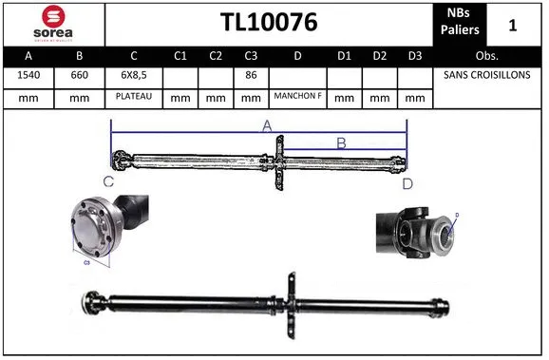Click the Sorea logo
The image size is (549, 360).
[x=53, y=23]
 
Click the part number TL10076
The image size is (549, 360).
[x=269, y=23]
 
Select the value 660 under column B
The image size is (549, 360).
[x=80, y=75]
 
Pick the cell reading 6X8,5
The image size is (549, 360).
[x=134, y=75]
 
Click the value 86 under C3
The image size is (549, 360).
[x=251, y=75]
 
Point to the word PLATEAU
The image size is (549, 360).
[x=134, y=96]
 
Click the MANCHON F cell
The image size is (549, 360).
[x=297, y=96]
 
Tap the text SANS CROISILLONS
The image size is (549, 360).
[x=487, y=75]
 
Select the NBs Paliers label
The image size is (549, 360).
[x=460, y=23]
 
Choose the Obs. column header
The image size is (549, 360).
[x=487, y=56]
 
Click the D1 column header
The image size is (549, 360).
[x=344, y=56]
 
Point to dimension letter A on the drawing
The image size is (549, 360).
[x=267, y=126]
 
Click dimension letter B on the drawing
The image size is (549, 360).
[x=341, y=143]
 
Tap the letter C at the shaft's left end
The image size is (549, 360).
[x=108, y=181]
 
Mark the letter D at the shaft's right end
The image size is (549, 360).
[x=407, y=182]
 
